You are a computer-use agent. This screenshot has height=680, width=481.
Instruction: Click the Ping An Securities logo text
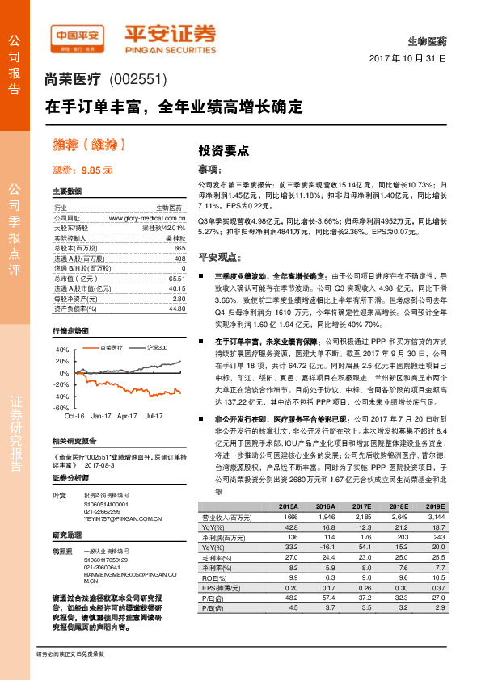point(170,36)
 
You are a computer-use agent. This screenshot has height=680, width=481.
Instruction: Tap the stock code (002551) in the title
point(137,79)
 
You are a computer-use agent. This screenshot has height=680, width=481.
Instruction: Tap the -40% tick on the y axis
point(62,397)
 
